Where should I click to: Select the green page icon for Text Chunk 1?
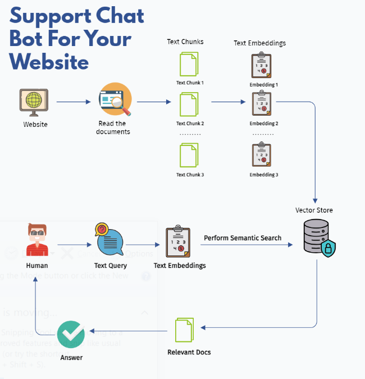click(x=189, y=65)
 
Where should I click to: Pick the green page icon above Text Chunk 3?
click(x=189, y=156)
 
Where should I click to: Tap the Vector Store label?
click(x=314, y=211)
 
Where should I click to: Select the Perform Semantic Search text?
click(x=243, y=238)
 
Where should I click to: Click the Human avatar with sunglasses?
click(x=38, y=240)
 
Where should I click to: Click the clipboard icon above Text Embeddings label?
click(x=178, y=243)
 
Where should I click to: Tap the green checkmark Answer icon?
click(x=71, y=335)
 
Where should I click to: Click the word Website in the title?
click(x=49, y=61)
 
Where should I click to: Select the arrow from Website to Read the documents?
click(x=74, y=102)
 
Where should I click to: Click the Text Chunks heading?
click(x=185, y=42)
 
